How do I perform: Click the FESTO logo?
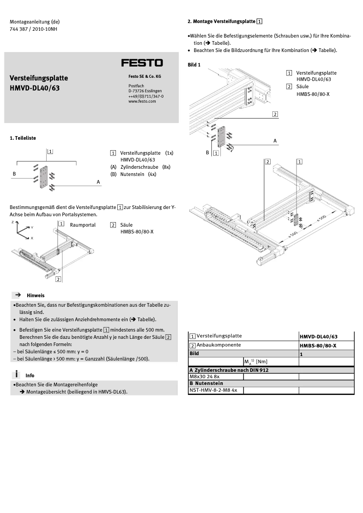coord(142,63)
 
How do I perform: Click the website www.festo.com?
coord(142,102)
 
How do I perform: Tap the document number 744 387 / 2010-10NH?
coord(33,29)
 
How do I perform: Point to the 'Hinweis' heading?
coord(35,295)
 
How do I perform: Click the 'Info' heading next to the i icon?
coord(30,375)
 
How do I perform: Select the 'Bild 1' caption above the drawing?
coord(194,65)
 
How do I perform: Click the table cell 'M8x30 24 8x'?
coord(204,376)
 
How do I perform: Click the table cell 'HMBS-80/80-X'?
coord(318,345)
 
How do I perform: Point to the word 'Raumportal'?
coord(83,225)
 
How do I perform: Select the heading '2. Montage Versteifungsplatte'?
coord(221,21)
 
